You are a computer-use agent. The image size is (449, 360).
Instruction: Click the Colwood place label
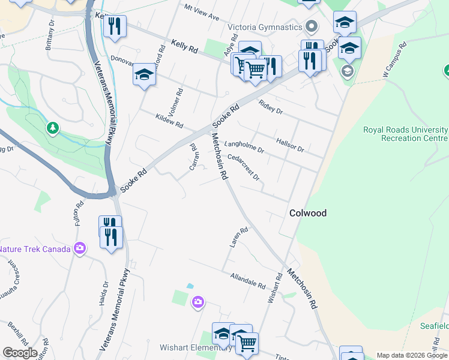(308, 213)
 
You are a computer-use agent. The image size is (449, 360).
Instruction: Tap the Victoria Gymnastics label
(264, 28)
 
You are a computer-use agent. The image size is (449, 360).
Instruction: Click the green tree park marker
(53, 128)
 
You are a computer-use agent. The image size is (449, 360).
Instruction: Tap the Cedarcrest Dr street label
(243, 167)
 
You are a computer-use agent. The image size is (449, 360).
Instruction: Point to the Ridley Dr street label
(270, 107)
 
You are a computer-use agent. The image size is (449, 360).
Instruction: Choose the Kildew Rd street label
(169, 121)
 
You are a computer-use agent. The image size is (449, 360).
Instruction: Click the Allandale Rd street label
(248, 280)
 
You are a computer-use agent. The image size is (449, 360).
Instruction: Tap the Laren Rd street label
(238, 238)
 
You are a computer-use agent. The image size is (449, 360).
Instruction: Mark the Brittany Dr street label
(49, 37)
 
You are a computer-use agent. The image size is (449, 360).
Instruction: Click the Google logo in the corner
(20, 352)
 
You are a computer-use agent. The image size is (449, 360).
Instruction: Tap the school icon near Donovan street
(144, 74)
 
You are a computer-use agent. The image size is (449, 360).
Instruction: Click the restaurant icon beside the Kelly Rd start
(114, 26)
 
